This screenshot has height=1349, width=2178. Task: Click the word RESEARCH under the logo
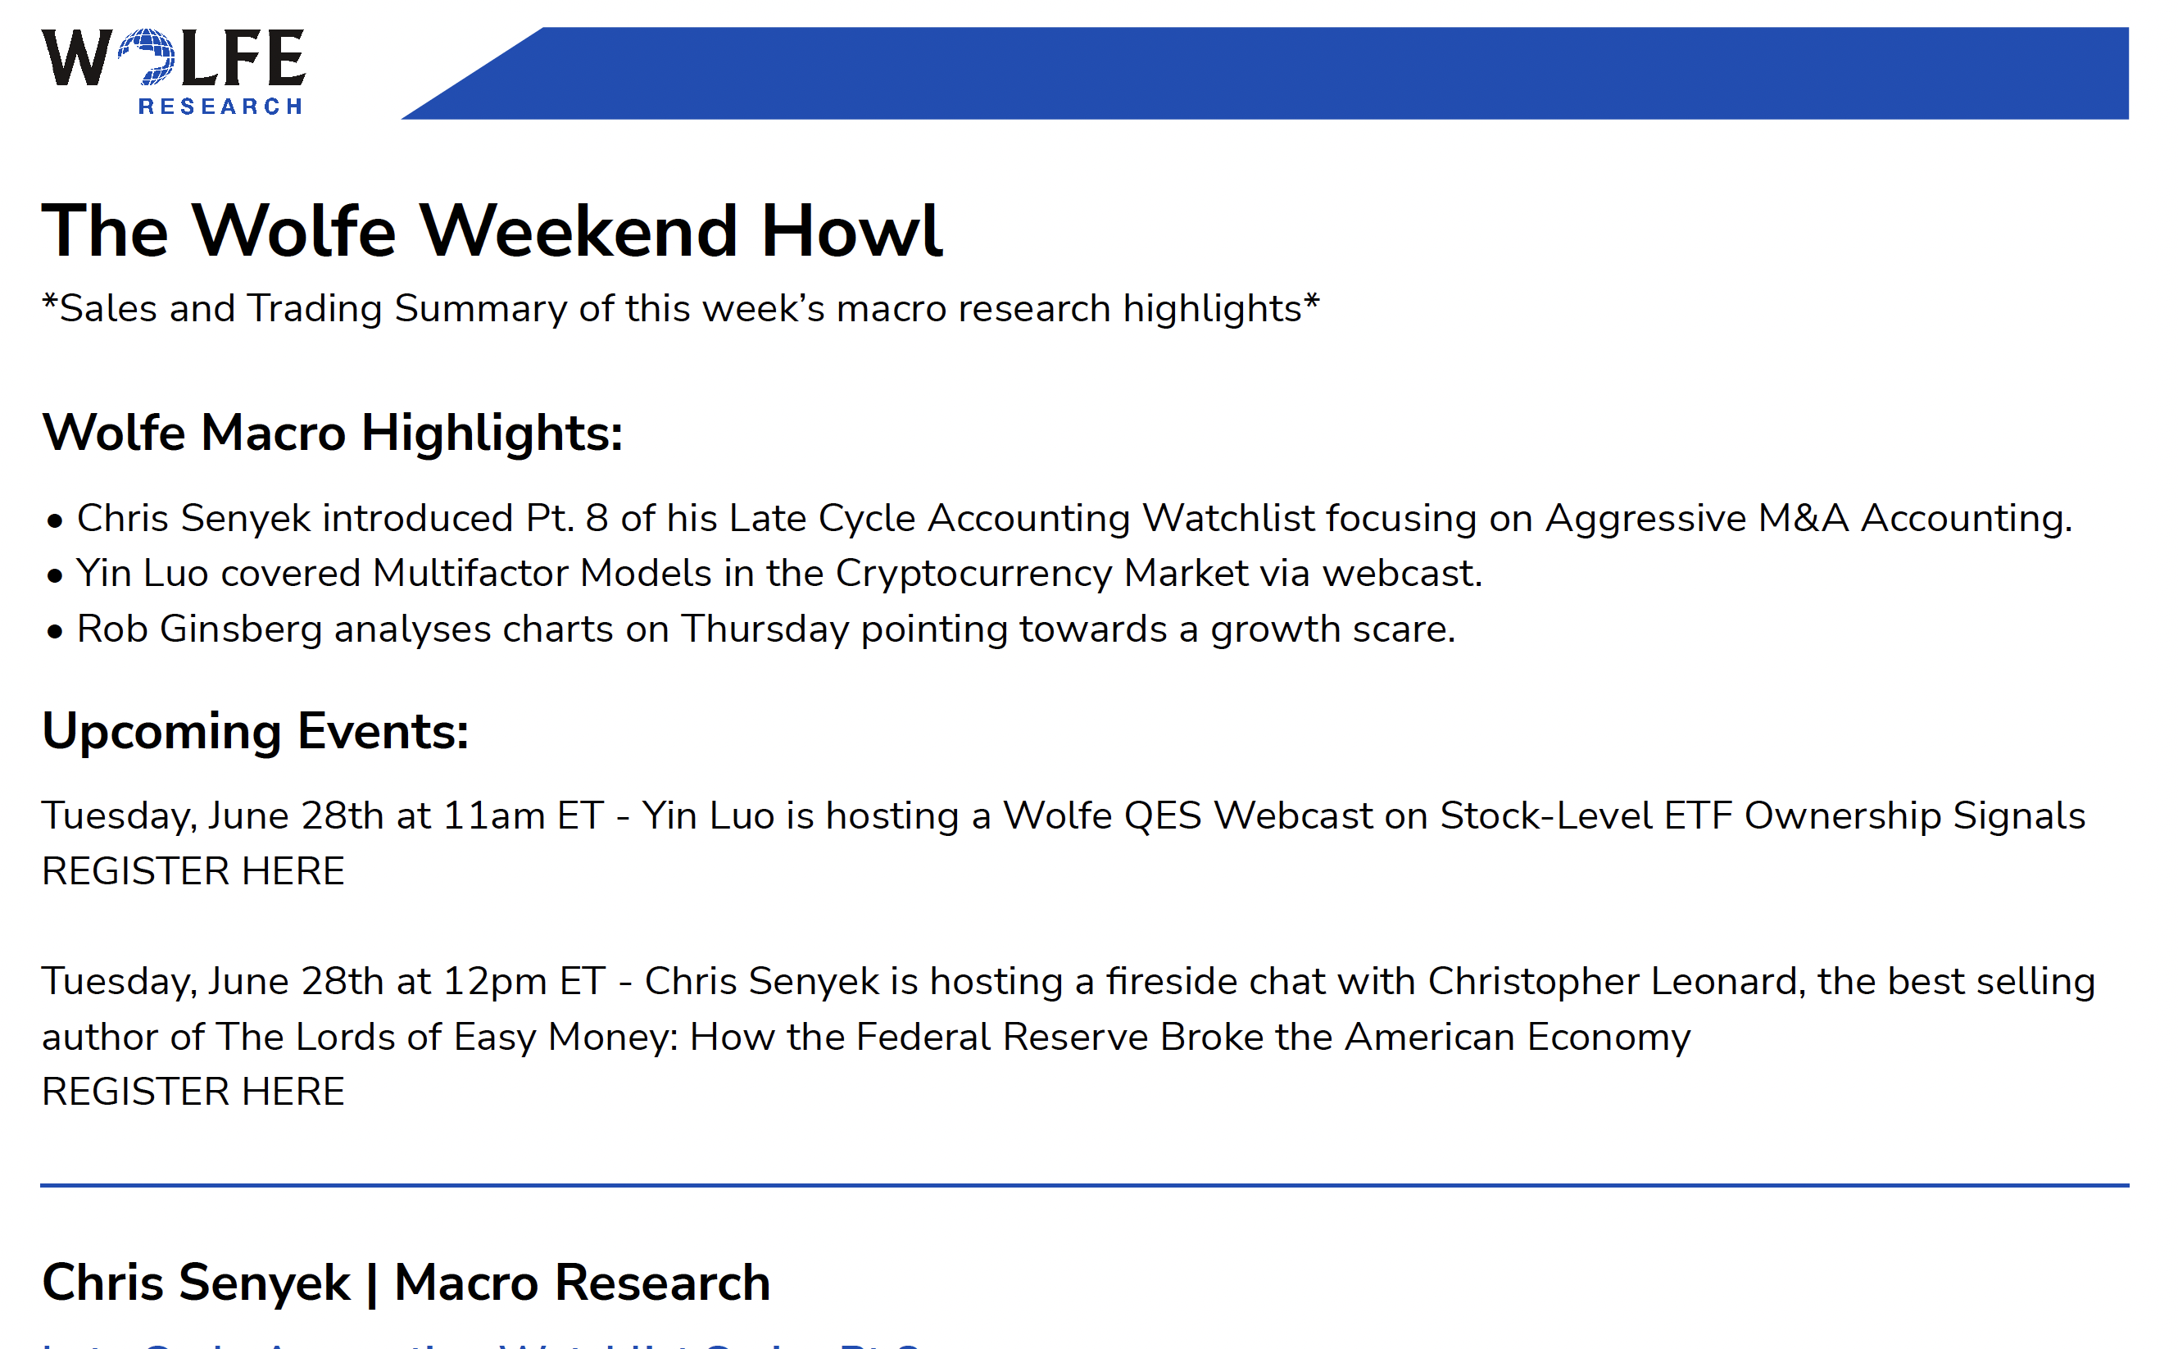[220, 107]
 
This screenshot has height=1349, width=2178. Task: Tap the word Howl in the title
[851, 230]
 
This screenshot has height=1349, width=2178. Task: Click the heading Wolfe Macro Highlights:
[332, 433]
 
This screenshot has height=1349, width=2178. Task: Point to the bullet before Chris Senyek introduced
[55, 521]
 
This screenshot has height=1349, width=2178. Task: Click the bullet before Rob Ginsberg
[55, 632]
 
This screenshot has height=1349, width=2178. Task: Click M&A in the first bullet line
[1804, 517]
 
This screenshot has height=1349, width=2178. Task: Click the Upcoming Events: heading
[255, 732]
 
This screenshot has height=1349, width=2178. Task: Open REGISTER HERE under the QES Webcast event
[193, 870]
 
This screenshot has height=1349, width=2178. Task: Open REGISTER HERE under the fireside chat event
[193, 1091]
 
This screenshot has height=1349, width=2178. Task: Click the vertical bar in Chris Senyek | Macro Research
[372, 1283]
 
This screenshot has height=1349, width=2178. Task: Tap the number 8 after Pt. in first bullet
[597, 518]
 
